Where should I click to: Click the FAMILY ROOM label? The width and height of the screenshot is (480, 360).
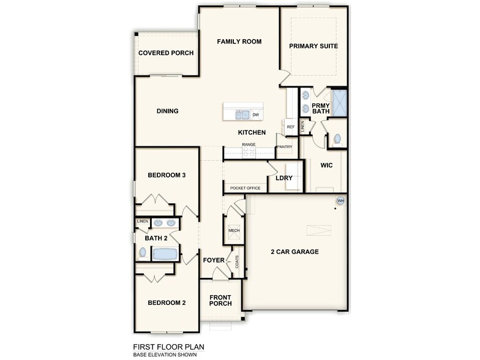point(239,42)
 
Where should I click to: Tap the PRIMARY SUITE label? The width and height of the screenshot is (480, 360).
point(313,46)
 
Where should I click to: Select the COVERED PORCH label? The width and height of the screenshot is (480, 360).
point(166,53)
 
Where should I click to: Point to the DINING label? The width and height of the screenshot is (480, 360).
point(167,111)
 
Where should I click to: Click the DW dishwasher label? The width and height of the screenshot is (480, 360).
point(255,114)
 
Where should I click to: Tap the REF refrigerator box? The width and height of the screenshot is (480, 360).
point(291,127)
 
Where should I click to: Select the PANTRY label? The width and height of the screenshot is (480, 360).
point(285,147)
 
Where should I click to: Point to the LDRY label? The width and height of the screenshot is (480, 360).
point(284,178)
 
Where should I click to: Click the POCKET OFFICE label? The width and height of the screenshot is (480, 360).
point(245,188)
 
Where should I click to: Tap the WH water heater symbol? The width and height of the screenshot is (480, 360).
point(341,201)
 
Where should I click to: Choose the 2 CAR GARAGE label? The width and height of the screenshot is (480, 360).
point(294,252)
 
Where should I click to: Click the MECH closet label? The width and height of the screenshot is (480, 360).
point(234,230)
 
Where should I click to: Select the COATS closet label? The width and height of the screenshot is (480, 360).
point(237,261)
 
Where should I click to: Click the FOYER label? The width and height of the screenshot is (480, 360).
point(214,260)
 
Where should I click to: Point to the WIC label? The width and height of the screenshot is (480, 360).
point(326,165)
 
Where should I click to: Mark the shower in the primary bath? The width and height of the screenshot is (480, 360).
point(339,103)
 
